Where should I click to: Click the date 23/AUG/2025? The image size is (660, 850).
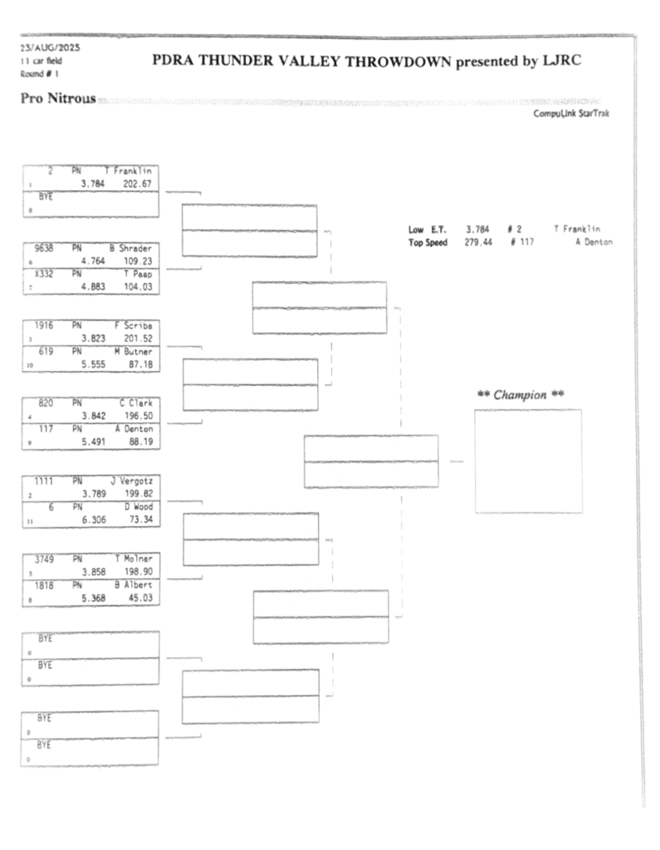tap(44, 47)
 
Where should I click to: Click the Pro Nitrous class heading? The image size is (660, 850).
tap(56, 100)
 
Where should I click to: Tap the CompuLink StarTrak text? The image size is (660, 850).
tap(572, 115)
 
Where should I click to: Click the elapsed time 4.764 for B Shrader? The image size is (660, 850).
tap(92, 260)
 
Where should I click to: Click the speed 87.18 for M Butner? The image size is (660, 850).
tap(138, 364)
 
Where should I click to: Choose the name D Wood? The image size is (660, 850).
tap(138, 506)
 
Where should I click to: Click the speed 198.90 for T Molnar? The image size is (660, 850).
tap(135, 572)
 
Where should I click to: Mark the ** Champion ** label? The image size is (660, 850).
tap(521, 395)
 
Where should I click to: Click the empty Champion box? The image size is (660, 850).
tap(528, 461)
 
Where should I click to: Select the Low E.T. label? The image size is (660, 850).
tap(427, 229)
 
